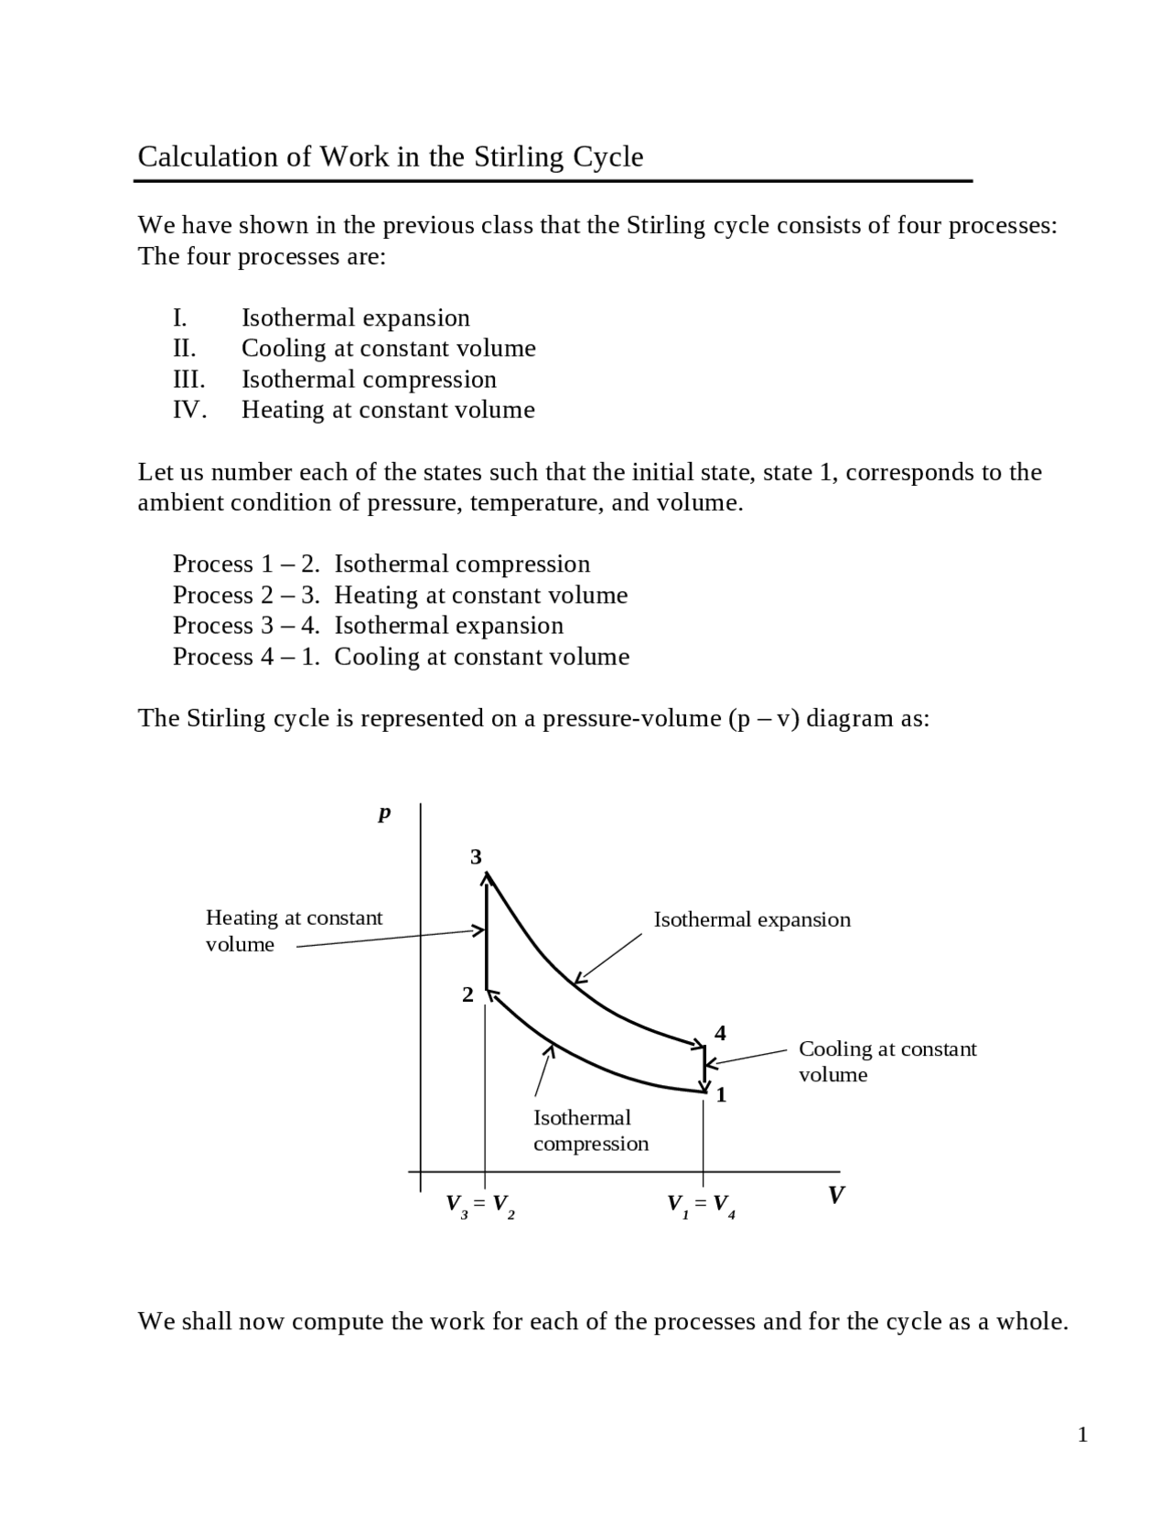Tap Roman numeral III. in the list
(x=188, y=380)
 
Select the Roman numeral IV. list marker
(x=189, y=410)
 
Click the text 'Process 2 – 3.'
(x=246, y=596)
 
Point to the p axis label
(x=384, y=813)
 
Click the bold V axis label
(x=835, y=1195)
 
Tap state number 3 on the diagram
(x=476, y=857)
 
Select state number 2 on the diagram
(x=467, y=995)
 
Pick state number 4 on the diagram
(x=720, y=1034)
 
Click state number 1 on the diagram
(x=721, y=1095)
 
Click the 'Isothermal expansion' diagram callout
(x=752, y=919)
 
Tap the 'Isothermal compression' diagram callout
(x=590, y=1131)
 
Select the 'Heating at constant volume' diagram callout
(x=294, y=930)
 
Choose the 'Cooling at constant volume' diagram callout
(x=886, y=1061)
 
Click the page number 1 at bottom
(x=1082, y=1434)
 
